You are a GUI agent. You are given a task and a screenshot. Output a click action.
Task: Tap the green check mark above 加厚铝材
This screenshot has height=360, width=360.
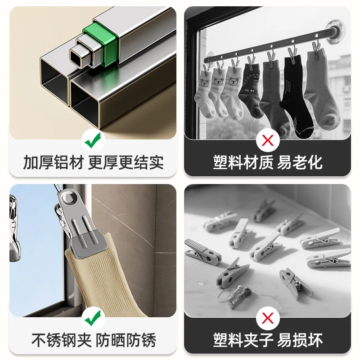[x=93, y=140]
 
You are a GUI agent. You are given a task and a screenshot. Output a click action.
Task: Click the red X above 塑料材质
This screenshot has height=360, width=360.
[x=267, y=140]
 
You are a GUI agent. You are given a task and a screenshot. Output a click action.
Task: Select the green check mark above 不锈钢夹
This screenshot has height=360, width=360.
[x=93, y=318]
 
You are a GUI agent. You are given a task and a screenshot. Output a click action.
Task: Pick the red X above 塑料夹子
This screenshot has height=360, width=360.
[x=267, y=318]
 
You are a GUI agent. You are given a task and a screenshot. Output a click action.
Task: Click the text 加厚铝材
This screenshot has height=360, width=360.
[x=54, y=162]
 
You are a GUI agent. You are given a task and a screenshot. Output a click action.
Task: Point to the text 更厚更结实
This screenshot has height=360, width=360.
[x=126, y=162]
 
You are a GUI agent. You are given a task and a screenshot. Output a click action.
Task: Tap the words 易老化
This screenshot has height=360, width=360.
[x=300, y=162]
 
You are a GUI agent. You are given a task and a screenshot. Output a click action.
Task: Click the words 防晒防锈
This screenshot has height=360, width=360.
[x=126, y=340]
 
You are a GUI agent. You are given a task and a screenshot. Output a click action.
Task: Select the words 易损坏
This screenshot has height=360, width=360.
[x=300, y=340]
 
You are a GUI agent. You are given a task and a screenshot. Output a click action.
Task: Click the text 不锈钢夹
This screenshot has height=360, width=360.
[x=62, y=340]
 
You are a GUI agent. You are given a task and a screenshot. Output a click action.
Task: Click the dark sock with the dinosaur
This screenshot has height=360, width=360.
[x=252, y=90]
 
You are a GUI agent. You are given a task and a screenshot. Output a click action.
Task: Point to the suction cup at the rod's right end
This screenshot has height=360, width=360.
[x=336, y=31]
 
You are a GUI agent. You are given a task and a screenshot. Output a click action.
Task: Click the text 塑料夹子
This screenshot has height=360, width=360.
[x=243, y=340]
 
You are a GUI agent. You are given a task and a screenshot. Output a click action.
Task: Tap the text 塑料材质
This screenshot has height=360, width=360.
[x=243, y=162]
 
